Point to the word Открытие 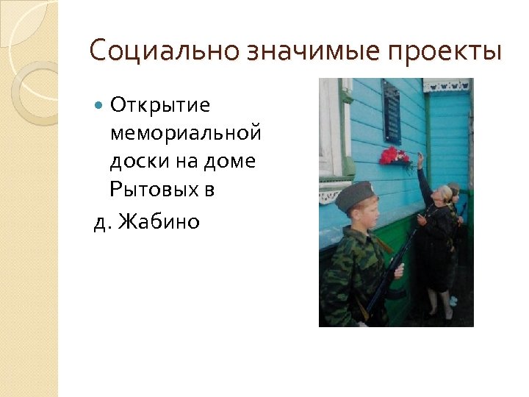click(160, 106)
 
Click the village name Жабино click(163, 221)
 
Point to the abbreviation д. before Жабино click(102, 221)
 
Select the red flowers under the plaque click(395, 155)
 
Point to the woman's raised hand click(420, 157)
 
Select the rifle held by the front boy click(390, 272)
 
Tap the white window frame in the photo click(330, 132)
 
